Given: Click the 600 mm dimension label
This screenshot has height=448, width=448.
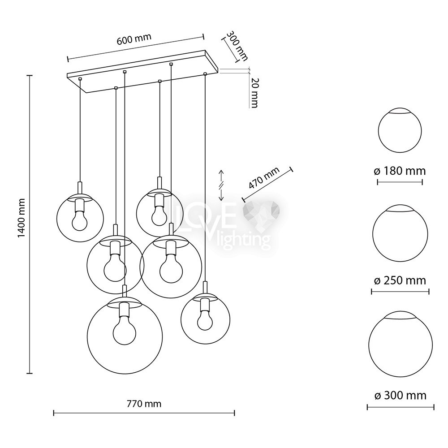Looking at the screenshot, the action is tap(134, 39).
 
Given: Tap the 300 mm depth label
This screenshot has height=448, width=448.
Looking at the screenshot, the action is tap(237, 46).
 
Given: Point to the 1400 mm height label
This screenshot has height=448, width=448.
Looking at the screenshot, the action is tap(22, 218).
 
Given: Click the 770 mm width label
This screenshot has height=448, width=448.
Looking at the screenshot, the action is tap(144, 404).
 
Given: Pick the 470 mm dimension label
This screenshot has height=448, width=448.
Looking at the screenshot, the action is tap(264, 178).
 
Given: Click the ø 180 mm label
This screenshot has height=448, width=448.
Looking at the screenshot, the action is tap(400, 171).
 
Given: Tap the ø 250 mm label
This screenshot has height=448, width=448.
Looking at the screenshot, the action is tap(400, 280).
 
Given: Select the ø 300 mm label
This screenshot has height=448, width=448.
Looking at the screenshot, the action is tap(400, 396).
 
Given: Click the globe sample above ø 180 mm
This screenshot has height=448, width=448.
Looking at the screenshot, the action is tap(400, 130).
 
